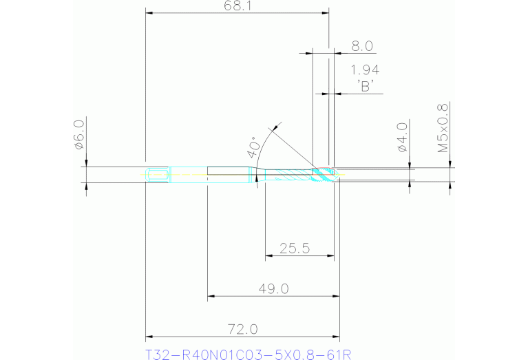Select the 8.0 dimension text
(362, 46)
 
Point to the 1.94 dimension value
(364, 70)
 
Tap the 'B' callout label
(365, 86)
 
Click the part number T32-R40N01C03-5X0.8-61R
(249, 354)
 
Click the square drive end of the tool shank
(158, 175)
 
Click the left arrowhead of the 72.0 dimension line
(149, 338)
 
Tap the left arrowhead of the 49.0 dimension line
(211, 297)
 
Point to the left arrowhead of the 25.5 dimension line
(269, 255)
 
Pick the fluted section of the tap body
(289, 175)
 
